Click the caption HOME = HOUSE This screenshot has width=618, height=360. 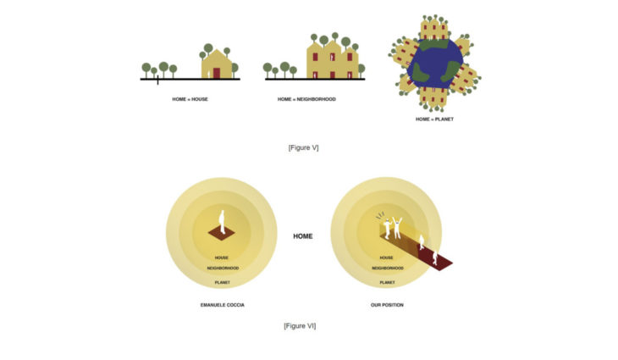190,99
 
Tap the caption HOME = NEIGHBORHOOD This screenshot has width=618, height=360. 306,99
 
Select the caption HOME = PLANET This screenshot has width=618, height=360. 434,119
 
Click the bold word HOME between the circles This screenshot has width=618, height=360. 302,236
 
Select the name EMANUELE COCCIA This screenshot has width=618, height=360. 223,304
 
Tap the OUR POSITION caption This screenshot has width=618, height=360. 386,304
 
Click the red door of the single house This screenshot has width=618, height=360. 217,73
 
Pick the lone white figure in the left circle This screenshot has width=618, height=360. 223,221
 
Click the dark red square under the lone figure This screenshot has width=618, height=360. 223,232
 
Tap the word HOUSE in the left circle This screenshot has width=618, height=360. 223,258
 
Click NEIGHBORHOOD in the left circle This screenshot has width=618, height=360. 223,269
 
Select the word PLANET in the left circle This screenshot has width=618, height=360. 223,281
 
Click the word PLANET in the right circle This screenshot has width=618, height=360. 386,281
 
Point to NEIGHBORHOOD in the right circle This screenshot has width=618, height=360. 386,269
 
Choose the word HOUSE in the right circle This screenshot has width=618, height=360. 386,258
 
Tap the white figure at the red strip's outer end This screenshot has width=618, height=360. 436,258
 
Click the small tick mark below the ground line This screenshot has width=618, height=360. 157,82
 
